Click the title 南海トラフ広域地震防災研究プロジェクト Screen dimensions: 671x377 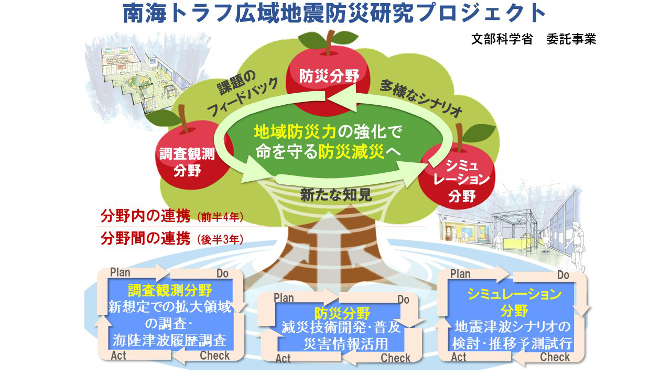(334, 14)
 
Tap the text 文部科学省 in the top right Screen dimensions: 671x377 (502, 39)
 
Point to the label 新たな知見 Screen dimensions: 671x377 (336, 195)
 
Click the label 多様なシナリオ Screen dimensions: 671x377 (421, 99)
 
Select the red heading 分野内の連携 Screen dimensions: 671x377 (145, 216)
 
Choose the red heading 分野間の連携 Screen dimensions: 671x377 (145, 239)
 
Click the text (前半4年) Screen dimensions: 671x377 (220, 217)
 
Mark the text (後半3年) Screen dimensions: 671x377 (220, 240)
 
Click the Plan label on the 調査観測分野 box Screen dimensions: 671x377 (120, 273)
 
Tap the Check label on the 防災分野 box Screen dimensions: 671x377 (395, 358)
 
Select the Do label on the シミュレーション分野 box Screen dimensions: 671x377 (563, 275)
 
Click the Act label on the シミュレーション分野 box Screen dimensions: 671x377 (459, 357)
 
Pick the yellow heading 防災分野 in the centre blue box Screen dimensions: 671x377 (342, 313)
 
